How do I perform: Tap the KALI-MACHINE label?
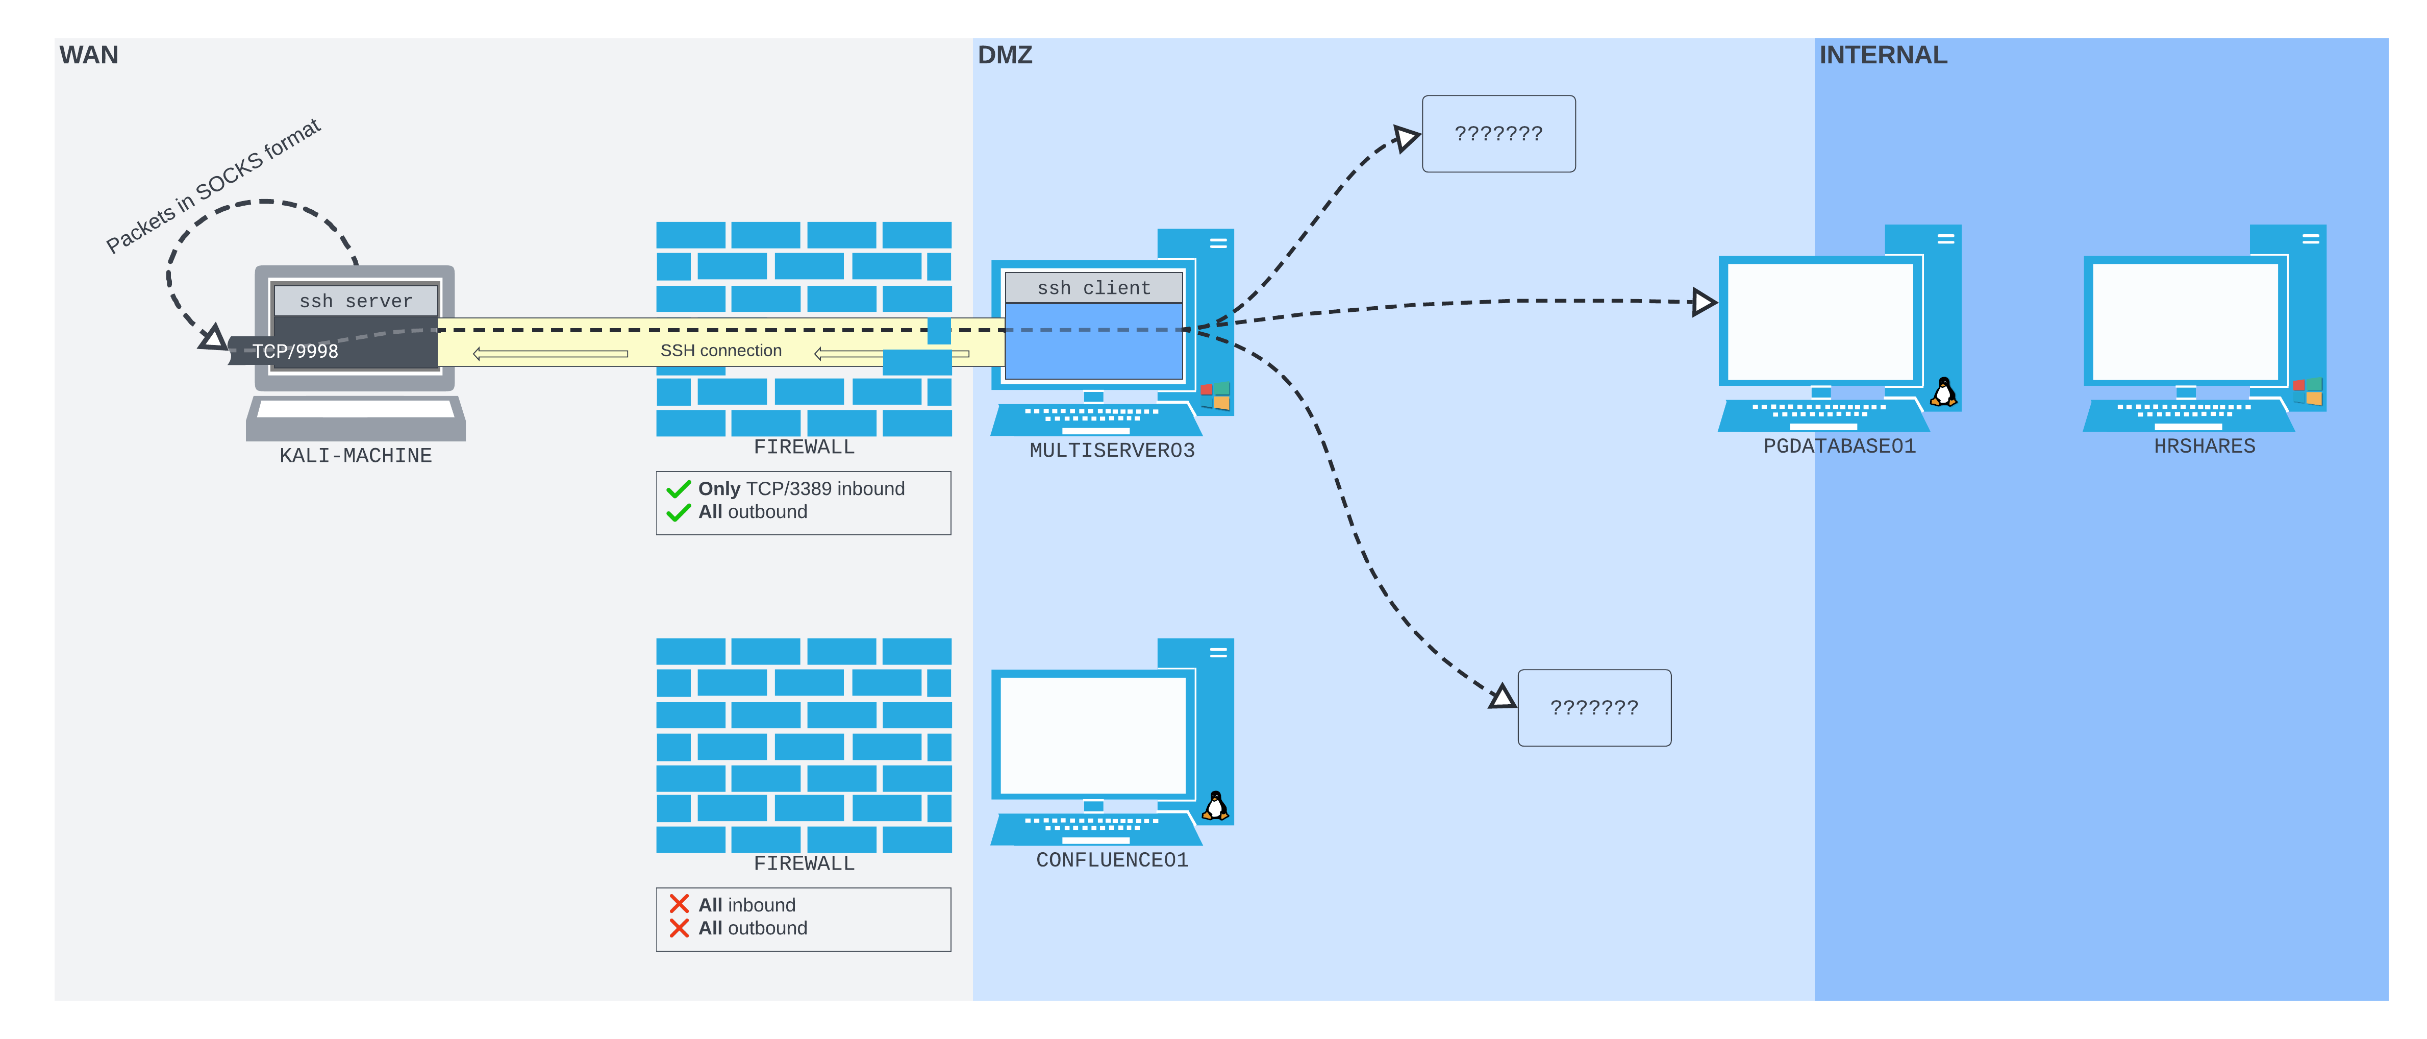(355, 456)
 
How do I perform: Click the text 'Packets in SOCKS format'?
(213, 186)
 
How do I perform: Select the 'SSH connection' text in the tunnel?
(721, 351)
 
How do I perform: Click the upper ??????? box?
(1498, 134)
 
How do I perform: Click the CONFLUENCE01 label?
(1112, 860)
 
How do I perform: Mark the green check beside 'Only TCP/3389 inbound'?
(679, 489)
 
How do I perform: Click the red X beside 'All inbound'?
(679, 904)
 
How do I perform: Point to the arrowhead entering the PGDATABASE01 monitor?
(1704, 303)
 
